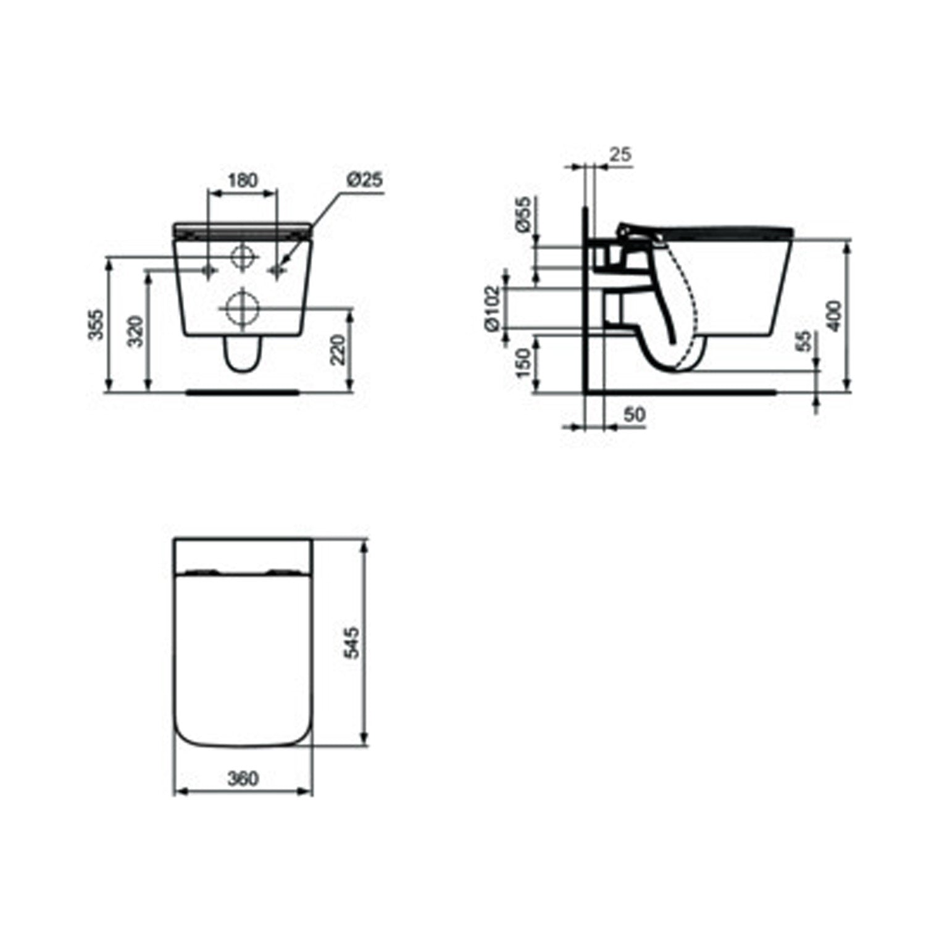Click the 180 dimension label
coord(243,180)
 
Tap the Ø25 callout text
coord(365,180)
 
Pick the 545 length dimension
coord(351,642)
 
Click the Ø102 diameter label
coord(491,309)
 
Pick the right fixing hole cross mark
coord(276,270)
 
